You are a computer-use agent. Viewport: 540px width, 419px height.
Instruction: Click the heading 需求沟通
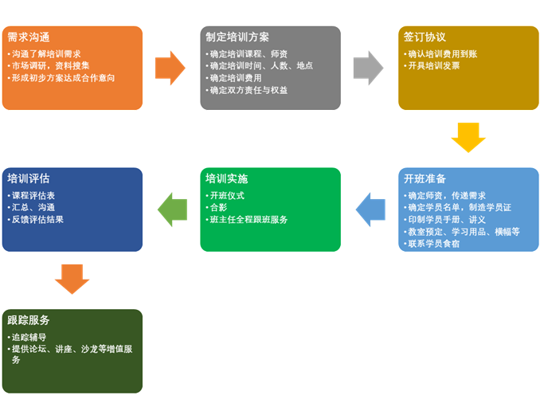click(x=29, y=37)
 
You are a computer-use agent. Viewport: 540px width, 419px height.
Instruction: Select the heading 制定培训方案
click(x=237, y=37)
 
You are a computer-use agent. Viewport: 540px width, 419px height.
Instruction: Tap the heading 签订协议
click(x=425, y=37)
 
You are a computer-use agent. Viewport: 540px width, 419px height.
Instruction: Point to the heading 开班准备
click(x=425, y=178)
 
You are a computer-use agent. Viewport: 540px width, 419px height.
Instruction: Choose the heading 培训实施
click(x=226, y=178)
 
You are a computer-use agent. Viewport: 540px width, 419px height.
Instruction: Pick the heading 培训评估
click(x=29, y=178)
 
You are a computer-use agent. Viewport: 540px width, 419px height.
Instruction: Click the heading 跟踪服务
click(x=29, y=320)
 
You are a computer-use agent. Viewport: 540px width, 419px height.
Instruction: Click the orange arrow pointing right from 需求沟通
click(x=170, y=68)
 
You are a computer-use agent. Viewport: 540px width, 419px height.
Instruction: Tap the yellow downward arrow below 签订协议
click(x=468, y=136)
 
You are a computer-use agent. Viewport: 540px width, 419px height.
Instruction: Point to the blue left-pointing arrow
click(x=370, y=209)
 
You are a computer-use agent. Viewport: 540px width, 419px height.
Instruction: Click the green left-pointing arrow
click(x=172, y=209)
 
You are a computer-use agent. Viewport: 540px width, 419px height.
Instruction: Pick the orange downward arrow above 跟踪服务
click(x=72, y=279)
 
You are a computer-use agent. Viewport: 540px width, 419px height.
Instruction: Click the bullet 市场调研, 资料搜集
click(x=49, y=66)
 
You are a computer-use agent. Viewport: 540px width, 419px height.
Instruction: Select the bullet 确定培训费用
click(x=235, y=78)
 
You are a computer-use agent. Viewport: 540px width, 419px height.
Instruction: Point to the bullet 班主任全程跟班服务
click(x=248, y=219)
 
